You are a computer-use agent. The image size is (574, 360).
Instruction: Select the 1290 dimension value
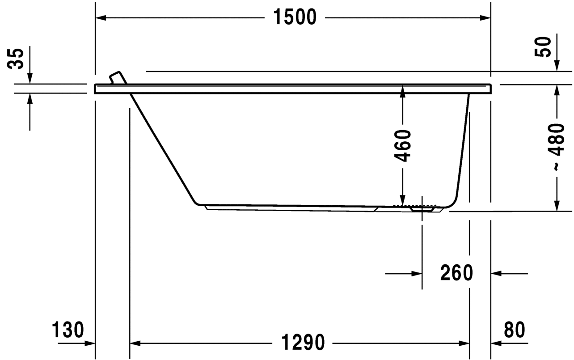coord(303,343)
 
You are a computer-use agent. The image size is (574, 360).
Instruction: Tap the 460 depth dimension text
coord(403,145)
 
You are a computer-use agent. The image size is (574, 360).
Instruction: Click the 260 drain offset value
coord(456,273)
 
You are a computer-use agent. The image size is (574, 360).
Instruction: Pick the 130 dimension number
coord(68,330)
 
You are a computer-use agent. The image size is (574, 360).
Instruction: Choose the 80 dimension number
coord(514,330)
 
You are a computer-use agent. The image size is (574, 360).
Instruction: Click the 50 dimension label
coord(543,46)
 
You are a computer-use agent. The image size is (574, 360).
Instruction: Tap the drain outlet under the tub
coord(422,208)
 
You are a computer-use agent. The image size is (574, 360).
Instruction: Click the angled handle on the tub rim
coord(118,77)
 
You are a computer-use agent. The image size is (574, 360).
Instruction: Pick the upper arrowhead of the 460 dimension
coord(403,90)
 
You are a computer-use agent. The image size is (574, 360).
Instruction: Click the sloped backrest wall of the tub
coord(163,148)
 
